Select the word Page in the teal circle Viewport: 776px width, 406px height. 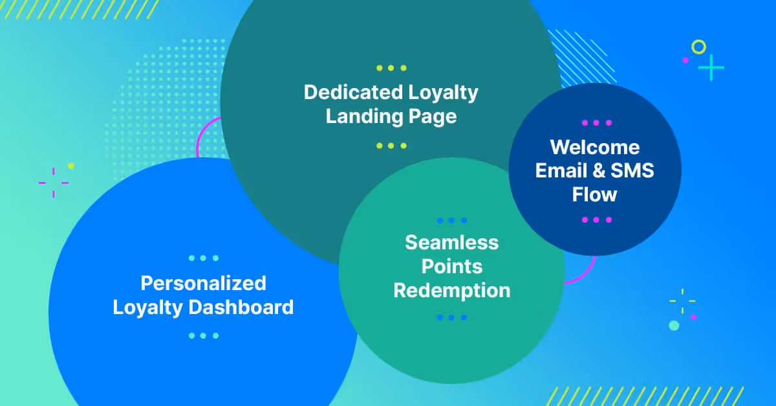[x=434, y=117]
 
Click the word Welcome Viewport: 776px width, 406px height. [x=594, y=147]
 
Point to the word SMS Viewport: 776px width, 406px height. [x=632, y=171]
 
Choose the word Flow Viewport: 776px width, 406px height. [x=594, y=194]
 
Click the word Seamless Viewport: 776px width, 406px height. [x=451, y=242]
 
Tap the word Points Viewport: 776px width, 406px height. [x=451, y=266]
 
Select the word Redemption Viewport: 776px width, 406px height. [x=451, y=290]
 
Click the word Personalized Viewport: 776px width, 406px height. [x=203, y=283]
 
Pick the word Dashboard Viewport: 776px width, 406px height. [x=241, y=307]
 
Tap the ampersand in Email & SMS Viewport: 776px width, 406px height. [x=598, y=171]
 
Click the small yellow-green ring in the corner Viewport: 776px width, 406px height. [x=698, y=47]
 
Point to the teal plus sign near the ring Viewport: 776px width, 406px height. [x=711, y=67]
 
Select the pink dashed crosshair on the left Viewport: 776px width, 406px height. [x=53, y=182]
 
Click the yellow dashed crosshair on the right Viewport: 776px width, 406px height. [x=682, y=300]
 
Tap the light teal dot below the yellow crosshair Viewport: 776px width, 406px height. [x=674, y=325]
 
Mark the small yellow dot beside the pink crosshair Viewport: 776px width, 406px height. [x=71, y=166]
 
